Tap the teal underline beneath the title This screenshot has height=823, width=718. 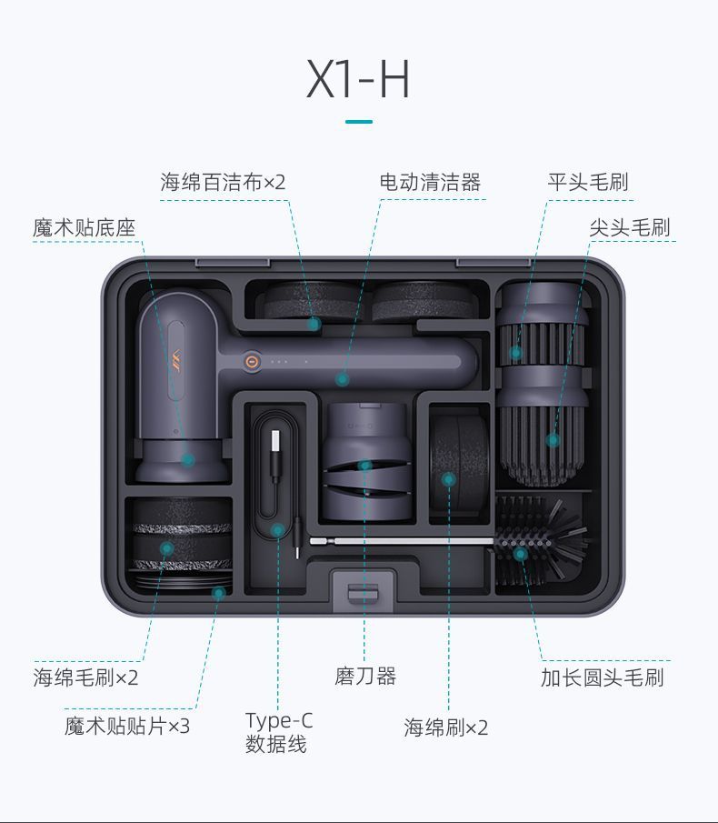(358, 121)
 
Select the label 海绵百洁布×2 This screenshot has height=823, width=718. (223, 183)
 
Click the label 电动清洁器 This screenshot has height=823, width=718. (430, 183)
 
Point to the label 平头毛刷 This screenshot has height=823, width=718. (587, 183)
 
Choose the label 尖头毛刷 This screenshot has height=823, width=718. (629, 227)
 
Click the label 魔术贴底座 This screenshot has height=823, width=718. (84, 227)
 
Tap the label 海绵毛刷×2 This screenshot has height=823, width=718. (86, 677)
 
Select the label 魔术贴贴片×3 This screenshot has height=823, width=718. (127, 727)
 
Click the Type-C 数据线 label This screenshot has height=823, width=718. (278, 733)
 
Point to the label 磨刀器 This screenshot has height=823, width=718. (365, 677)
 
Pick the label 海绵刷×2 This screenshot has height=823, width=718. (446, 728)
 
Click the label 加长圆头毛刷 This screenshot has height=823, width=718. (602, 677)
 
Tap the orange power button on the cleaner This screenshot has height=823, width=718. (252, 360)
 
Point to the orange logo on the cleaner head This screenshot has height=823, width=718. (175, 353)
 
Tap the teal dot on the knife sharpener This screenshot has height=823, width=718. (365, 466)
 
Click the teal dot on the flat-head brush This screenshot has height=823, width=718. (515, 352)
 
